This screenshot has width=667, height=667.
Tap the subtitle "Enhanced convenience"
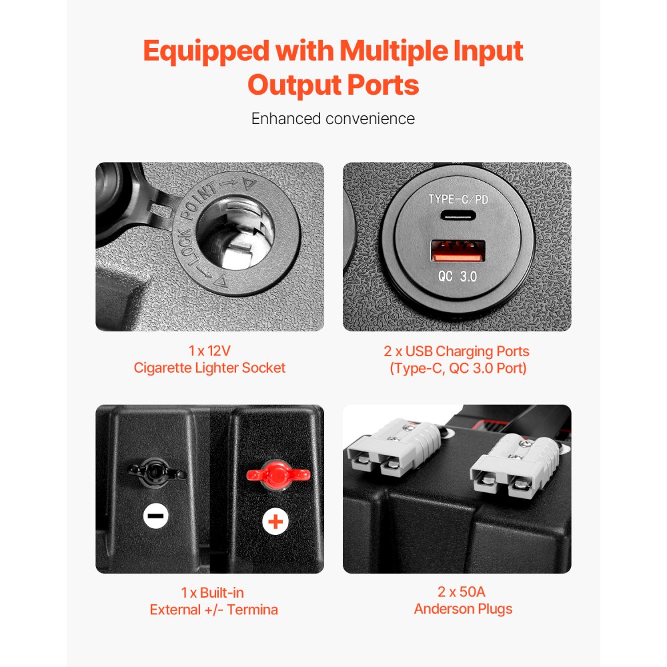pos(333,119)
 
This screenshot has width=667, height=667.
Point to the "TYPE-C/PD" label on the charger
pos(458,199)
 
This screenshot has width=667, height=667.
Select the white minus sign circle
pos(156,516)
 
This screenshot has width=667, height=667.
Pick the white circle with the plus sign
pos(275,520)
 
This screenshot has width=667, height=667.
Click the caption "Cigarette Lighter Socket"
pos(209,368)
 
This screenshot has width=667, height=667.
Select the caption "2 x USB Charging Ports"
pos(458,352)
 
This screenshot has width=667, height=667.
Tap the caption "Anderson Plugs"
pos(463,609)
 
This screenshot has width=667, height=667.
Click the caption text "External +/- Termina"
pos(213,609)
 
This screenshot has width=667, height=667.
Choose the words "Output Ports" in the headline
pos(333,85)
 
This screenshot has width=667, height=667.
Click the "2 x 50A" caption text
pos(457,592)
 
